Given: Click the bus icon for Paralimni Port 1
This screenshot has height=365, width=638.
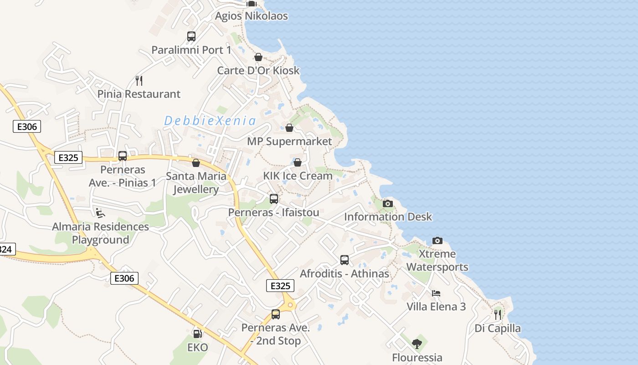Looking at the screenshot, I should click(x=191, y=36).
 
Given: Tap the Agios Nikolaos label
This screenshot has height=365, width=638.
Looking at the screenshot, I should click(x=252, y=16).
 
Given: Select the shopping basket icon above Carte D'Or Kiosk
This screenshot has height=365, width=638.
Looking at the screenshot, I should click(x=258, y=57).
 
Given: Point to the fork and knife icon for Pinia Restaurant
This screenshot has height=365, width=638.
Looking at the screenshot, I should click(x=139, y=81).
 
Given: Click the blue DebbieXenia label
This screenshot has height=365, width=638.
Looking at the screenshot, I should click(x=210, y=121).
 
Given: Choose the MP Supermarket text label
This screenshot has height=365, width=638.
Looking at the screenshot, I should click(x=289, y=141).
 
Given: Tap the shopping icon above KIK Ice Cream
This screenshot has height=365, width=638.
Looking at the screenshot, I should click(x=298, y=162).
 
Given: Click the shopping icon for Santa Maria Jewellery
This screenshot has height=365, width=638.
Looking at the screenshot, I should click(x=196, y=163).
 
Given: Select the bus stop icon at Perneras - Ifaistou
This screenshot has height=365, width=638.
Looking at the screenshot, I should click(x=274, y=199).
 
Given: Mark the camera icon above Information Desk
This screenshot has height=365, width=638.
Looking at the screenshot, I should click(x=388, y=203).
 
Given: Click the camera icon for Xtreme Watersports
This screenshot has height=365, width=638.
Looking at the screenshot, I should click(x=437, y=240).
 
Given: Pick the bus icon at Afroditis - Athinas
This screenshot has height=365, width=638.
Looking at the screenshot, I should click(x=345, y=260).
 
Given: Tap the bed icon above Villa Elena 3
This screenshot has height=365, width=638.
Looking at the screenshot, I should click(x=436, y=293).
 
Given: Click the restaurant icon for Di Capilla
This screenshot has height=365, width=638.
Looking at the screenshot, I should click(x=498, y=314).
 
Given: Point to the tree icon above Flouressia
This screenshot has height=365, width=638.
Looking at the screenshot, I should click(x=417, y=344).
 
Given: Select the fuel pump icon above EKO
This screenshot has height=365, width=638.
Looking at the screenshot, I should click(x=197, y=334).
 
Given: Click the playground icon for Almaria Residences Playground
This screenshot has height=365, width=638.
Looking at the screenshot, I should click(x=100, y=213).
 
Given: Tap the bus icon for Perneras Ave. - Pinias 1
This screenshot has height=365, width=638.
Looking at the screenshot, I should click(x=123, y=156).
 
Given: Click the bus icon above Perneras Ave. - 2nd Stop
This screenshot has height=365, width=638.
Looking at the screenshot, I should click(x=276, y=314).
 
